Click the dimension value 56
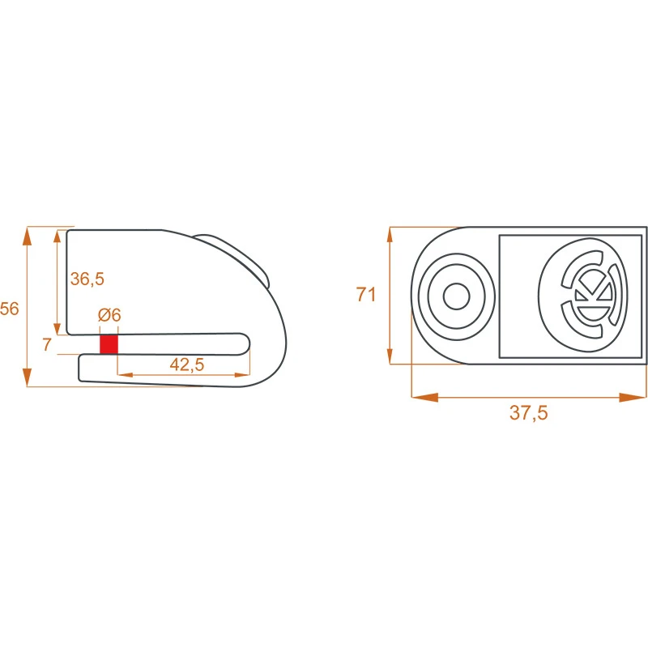click(10, 309)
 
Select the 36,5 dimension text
click(87, 279)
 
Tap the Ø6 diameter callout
click(109, 315)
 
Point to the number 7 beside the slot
click(47, 344)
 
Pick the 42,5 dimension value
click(186, 364)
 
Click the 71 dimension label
click(366, 295)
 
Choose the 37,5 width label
click(528, 412)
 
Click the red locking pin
click(109, 344)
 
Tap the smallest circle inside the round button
click(456, 296)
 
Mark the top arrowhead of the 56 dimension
click(28, 236)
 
